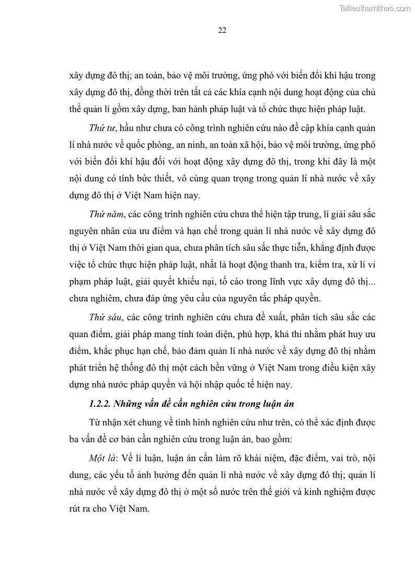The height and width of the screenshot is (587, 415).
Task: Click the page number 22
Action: pos(222,30)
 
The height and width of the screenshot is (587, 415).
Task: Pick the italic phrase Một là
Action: pos(102,458)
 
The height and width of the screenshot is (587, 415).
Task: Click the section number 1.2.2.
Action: pos(101,402)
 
